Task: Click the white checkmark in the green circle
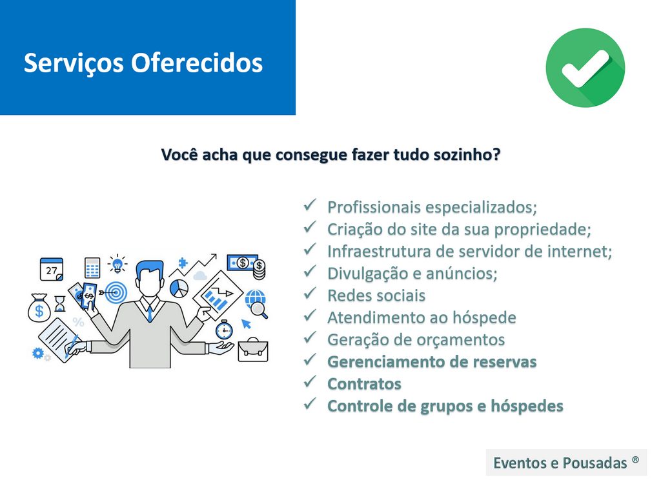click(585, 68)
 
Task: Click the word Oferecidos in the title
click(197, 63)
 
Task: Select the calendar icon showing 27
click(52, 269)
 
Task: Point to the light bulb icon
click(117, 264)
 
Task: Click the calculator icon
click(92, 268)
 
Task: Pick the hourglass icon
click(60, 303)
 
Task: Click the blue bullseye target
click(116, 292)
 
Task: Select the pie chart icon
click(179, 288)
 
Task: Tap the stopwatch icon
click(224, 329)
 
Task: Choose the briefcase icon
click(253, 349)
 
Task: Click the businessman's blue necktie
click(150, 313)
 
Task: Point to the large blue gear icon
click(38, 353)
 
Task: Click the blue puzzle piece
click(183, 263)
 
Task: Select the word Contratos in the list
click(364, 384)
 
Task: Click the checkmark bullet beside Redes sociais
click(310, 293)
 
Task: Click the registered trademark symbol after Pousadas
click(635, 459)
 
